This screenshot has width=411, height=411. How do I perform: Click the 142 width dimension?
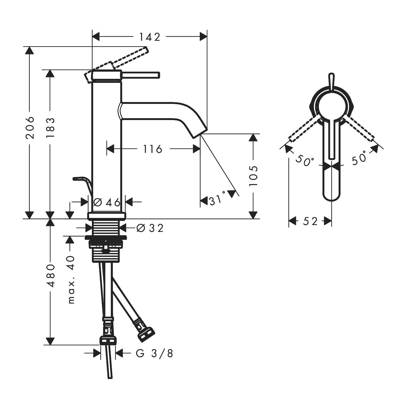[150, 37]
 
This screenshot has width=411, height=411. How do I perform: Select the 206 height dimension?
[30, 127]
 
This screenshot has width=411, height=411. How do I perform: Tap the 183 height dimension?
[50, 128]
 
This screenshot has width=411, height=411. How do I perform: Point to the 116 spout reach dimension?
[152, 149]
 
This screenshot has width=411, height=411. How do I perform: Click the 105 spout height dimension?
[254, 176]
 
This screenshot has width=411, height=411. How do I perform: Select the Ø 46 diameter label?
[107, 203]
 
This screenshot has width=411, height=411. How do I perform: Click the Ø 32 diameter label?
[150, 228]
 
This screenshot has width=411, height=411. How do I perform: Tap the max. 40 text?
[71, 279]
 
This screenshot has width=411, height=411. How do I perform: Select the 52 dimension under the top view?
[310, 221]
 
